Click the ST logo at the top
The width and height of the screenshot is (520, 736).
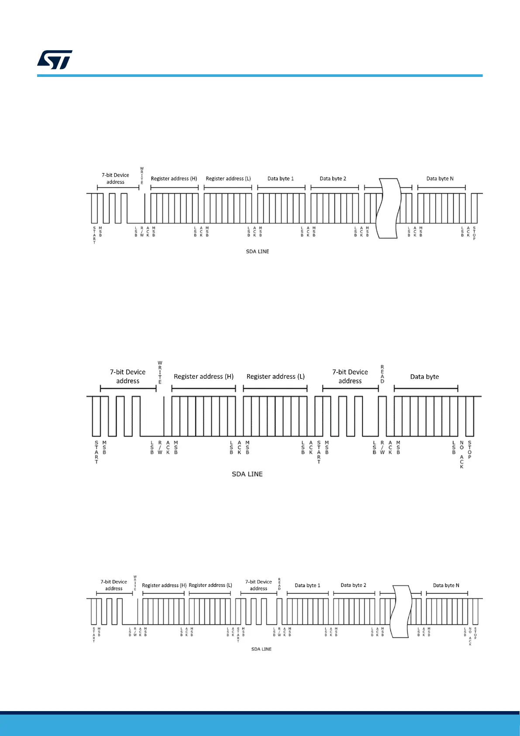(x=55, y=60)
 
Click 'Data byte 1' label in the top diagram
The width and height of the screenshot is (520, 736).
(x=280, y=179)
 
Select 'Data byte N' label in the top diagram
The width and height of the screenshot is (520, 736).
(x=440, y=179)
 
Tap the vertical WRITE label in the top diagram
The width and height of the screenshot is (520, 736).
(x=142, y=176)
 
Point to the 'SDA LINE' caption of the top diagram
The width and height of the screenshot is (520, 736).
(x=258, y=252)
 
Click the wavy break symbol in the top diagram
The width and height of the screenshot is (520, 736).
(x=389, y=208)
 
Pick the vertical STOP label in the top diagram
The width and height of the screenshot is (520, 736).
(x=474, y=233)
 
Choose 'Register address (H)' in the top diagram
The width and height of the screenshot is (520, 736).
(x=174, y=179)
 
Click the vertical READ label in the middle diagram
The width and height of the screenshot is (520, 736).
(x=382, y=374)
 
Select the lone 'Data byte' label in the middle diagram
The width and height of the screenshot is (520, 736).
(x=424, y=377)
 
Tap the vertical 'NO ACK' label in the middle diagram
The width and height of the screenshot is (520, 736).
(x=461, y=455)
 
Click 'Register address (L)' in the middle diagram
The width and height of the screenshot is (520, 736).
(x=275, y=377)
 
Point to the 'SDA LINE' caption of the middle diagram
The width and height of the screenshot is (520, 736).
(x=247, y=474)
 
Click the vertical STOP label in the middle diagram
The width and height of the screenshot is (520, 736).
(x=470, y=450)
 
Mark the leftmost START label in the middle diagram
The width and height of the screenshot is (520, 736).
(x=96, y=452)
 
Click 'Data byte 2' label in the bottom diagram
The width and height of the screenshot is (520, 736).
(x=353, y=585)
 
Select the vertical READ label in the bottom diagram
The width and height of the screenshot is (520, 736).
(x=279, y=584)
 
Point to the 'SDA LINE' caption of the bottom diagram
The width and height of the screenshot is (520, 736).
(x=261, y=649)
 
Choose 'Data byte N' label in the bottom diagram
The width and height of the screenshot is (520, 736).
(x=446, y=585)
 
